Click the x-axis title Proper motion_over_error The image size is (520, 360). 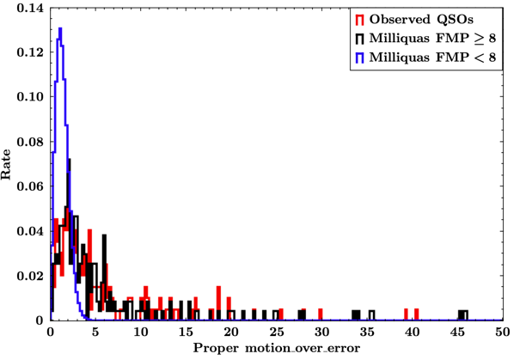[275, 350]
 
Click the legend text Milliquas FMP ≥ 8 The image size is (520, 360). [426, 39]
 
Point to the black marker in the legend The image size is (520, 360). [357, 39]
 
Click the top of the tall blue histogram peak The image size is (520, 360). [60, 29]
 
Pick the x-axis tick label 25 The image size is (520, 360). [276, 332]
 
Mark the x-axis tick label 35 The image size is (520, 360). [366, 332]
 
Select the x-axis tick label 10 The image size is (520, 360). [140, 332]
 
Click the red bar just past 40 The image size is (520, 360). [416, 314]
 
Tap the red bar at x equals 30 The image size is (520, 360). [321, 314]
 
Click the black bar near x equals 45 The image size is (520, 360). [462, 314]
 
